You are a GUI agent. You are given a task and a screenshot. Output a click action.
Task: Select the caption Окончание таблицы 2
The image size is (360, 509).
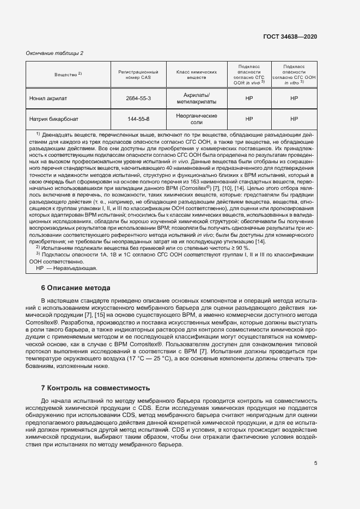55,53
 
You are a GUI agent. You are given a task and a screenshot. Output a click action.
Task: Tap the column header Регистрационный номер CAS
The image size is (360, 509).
138,75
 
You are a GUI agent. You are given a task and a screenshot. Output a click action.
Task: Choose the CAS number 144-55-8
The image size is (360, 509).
138,119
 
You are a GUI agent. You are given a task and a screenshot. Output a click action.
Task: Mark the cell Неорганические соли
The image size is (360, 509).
197,119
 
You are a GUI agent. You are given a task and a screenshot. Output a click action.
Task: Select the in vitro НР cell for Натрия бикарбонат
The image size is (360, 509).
294,119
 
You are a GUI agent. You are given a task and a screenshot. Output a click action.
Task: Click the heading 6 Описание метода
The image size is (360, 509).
76,287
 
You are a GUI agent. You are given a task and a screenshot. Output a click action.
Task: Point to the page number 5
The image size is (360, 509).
315,463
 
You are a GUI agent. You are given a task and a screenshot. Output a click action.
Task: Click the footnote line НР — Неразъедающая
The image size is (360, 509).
66,268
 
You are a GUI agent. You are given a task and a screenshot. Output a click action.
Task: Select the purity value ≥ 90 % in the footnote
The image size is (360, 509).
237,248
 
